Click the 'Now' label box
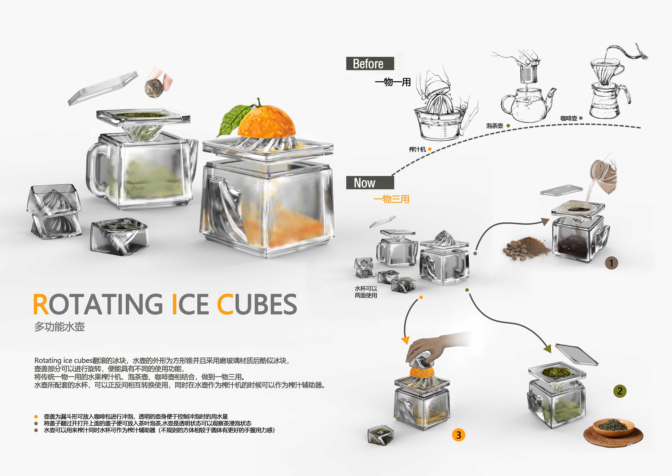pos(370,183)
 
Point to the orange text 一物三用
pos(391,199)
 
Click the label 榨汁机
pos(417,150)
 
